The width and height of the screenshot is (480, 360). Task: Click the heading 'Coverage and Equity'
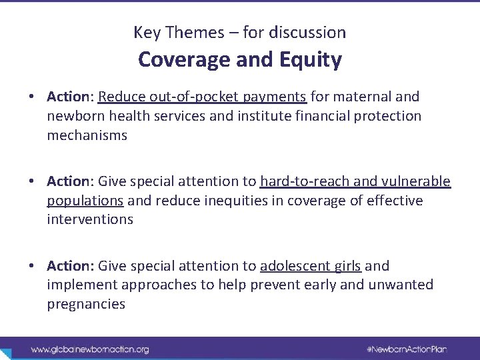pos(240,60)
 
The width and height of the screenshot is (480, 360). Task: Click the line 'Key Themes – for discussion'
pos(240,32)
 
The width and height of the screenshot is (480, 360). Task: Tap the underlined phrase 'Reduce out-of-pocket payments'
pos(202,97)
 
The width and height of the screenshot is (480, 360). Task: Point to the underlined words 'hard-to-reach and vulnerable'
pos(355,182)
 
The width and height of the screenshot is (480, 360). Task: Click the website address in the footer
pos(90,349)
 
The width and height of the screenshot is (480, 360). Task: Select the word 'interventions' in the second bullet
pos(90,219)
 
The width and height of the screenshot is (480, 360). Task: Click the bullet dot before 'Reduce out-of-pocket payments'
pos(32,97)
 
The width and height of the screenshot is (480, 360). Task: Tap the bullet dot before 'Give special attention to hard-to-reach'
pos(32,182)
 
